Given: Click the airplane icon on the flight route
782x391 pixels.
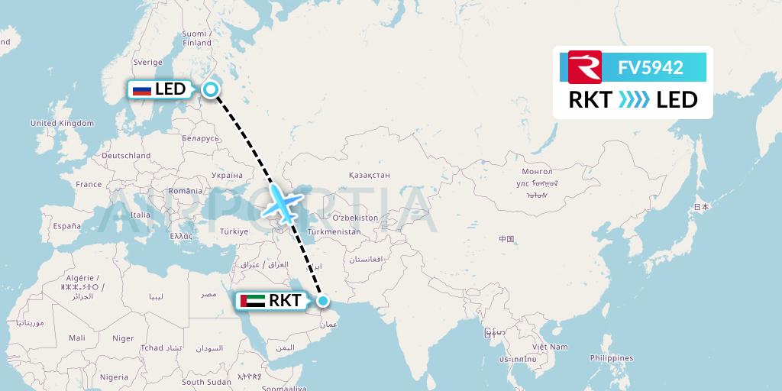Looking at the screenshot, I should click(283, 204).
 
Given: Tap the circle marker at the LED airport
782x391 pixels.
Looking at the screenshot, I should click(212, 90).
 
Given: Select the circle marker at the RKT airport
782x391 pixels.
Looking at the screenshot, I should click(323, 301).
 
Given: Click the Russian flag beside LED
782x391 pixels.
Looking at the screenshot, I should click(141, 90).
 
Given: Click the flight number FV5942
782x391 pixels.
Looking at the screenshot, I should click(650, 68).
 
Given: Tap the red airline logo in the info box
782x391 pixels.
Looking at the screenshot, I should click(585, 67).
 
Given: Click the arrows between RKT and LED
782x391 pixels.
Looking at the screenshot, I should click(633, 99).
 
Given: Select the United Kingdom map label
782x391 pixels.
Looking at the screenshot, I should click(62, 123).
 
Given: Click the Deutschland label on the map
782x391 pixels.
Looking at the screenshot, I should click(126, 155).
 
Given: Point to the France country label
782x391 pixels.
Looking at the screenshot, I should click(89, 184).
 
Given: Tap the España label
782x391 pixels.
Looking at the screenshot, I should click(66, 226).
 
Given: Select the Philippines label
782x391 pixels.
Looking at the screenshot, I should click(611, 357).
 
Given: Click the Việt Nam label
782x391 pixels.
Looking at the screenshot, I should click(551, 347).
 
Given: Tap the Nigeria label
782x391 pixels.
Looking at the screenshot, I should click(114, 376).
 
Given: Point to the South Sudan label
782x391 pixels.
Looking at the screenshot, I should click(206, 382).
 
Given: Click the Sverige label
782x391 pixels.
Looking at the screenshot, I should click(148, 62).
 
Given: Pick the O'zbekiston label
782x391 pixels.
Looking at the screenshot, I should click(355, 218).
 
